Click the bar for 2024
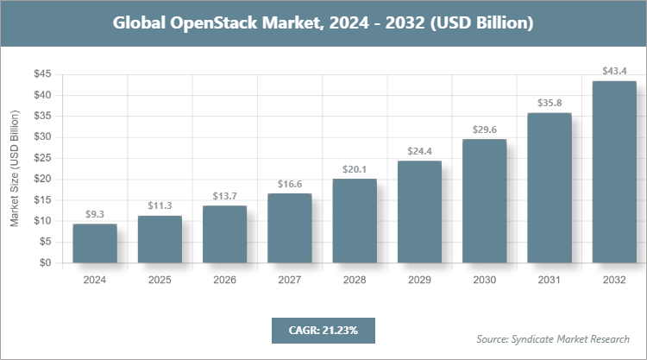(x=95, y=243)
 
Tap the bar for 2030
(x=484, y=201)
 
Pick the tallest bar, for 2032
(x=614, y=172)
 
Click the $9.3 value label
(x=95, y=214)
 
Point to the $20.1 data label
(x=354, y=168)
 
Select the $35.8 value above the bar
(x=549, y=103)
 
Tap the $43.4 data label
(x=614, y=71)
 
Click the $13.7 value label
(x=224, y=195)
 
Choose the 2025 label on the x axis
(x=160, y=281)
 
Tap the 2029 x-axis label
(x=419, y=281)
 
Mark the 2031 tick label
(x=549, y=281)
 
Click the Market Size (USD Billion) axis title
(x=15, y=169)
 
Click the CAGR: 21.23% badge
(x=323, y=330)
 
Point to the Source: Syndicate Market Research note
(x=552, y=338)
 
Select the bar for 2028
(x=354, y=221)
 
